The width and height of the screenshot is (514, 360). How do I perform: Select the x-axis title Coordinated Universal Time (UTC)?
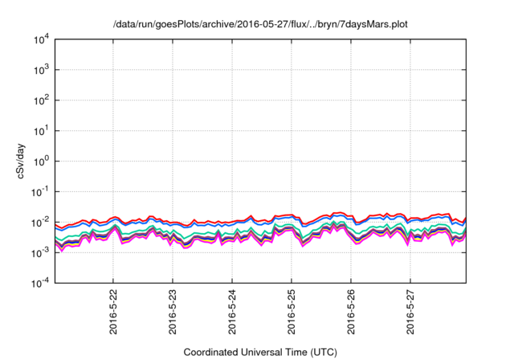click(x=260, y=352)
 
